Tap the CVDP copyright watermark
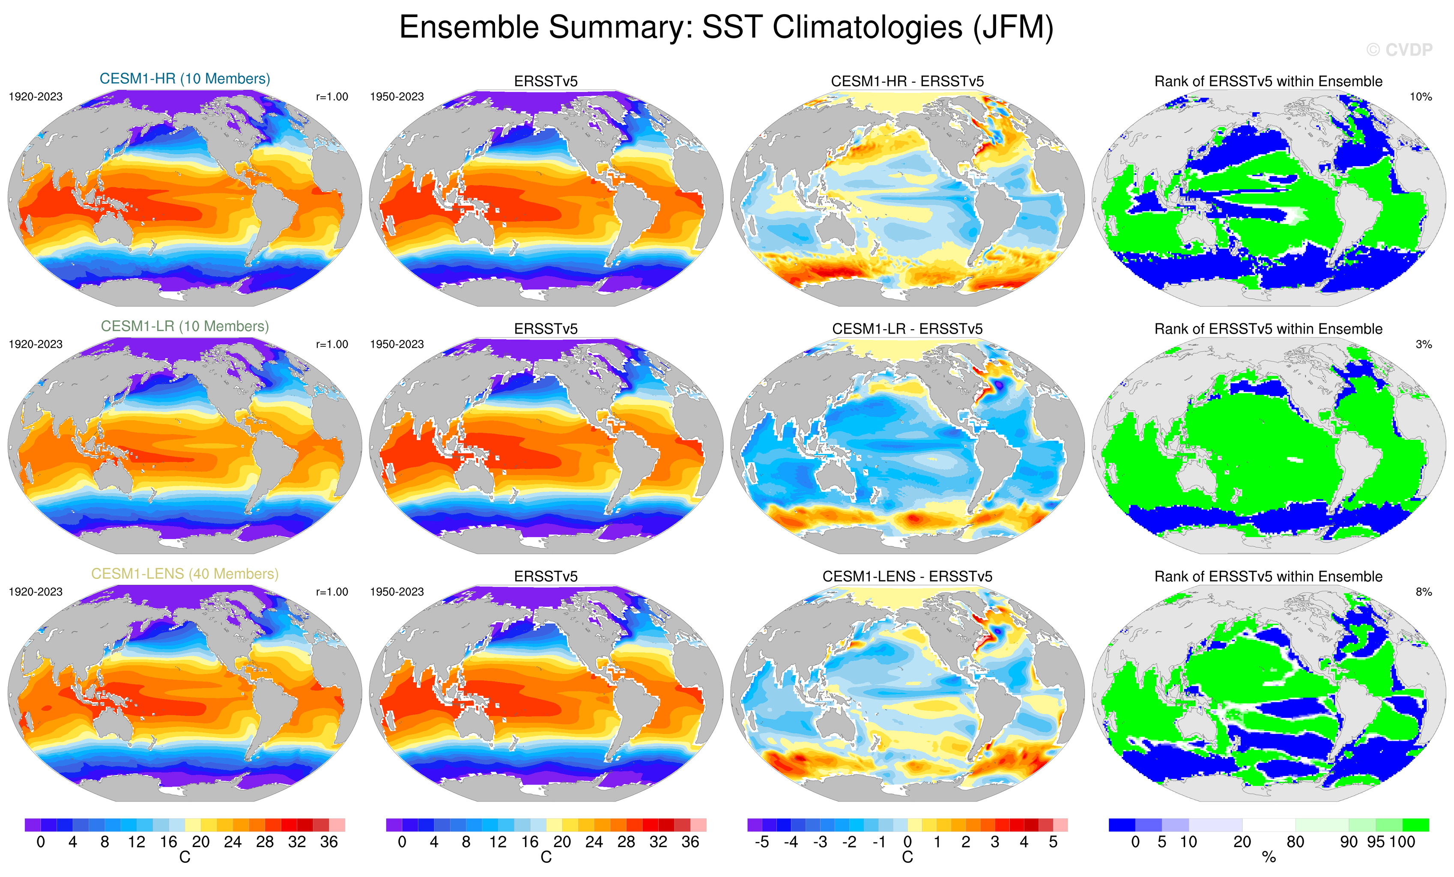click(1399, 50)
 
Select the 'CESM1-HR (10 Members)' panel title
click(185, 78)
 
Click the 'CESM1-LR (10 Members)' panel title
click(185, 326)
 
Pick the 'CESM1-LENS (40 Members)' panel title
click(185, 574)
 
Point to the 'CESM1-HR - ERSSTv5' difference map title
click(907, 81)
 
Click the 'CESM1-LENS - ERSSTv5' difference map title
click(907, 576)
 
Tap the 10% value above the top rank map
click(1420, 97)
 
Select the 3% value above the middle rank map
click(1423, 344)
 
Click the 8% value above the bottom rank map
click(1423, 591)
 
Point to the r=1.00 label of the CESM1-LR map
click(332, 344)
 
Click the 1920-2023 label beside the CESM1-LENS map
click(36, 591)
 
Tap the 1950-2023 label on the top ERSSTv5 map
click(397, 97)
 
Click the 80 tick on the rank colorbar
click(1295, 842)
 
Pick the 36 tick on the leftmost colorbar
click(328, 842)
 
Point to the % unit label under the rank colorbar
click(1269, 858)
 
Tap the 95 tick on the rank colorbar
click(1376, 842)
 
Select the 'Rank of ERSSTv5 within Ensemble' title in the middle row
click(1268, 329)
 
